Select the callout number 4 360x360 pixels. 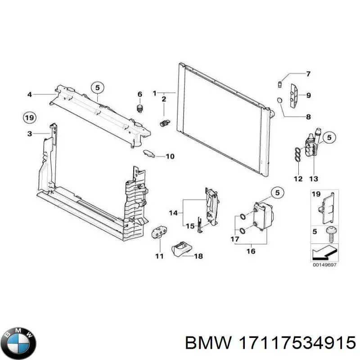(x=29, y=94)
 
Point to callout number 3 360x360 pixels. (x=29, y=134)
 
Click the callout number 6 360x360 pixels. (x=139, y=94)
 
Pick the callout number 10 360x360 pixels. (x=170, y=157)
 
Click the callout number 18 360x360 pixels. (x=198, y=256)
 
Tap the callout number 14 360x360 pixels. (x=174, y=212)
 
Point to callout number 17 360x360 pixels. (x=235, y=239)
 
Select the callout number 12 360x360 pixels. (x=298, y=179)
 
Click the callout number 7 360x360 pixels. (x=308, y=74)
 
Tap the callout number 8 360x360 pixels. (x=308, y=117)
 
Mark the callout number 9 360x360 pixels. (x=308, y=95)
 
